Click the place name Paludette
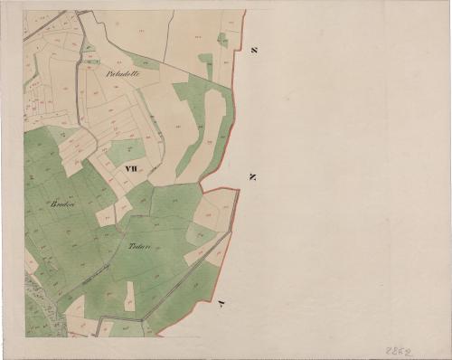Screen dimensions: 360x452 (123, 72)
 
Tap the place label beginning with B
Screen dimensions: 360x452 (63, 204)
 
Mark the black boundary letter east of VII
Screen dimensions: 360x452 (252, 176)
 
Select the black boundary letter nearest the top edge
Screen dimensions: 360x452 (255, 50)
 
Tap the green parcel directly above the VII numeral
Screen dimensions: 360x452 (127, 149)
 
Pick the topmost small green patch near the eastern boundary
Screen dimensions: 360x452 (222, 39)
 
